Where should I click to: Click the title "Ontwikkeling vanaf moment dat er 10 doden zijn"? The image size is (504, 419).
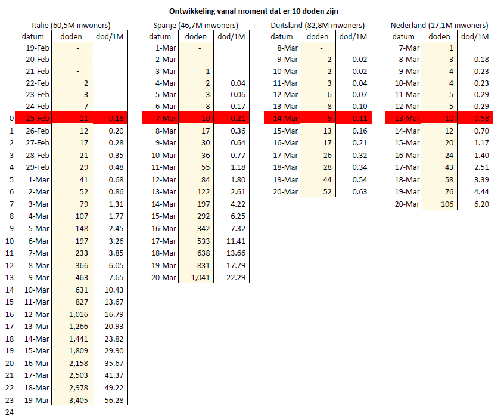[x=252, y=11]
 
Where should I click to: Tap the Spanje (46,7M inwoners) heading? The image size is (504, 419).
[x=194, y=26]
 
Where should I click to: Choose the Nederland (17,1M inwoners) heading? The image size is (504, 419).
[x=439, y=26]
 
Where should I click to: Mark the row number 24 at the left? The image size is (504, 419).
[x=9, y=412]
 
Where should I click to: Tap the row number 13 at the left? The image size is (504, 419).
[x=9, y=277]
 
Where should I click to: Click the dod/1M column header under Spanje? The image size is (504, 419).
[x=232, y=36]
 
